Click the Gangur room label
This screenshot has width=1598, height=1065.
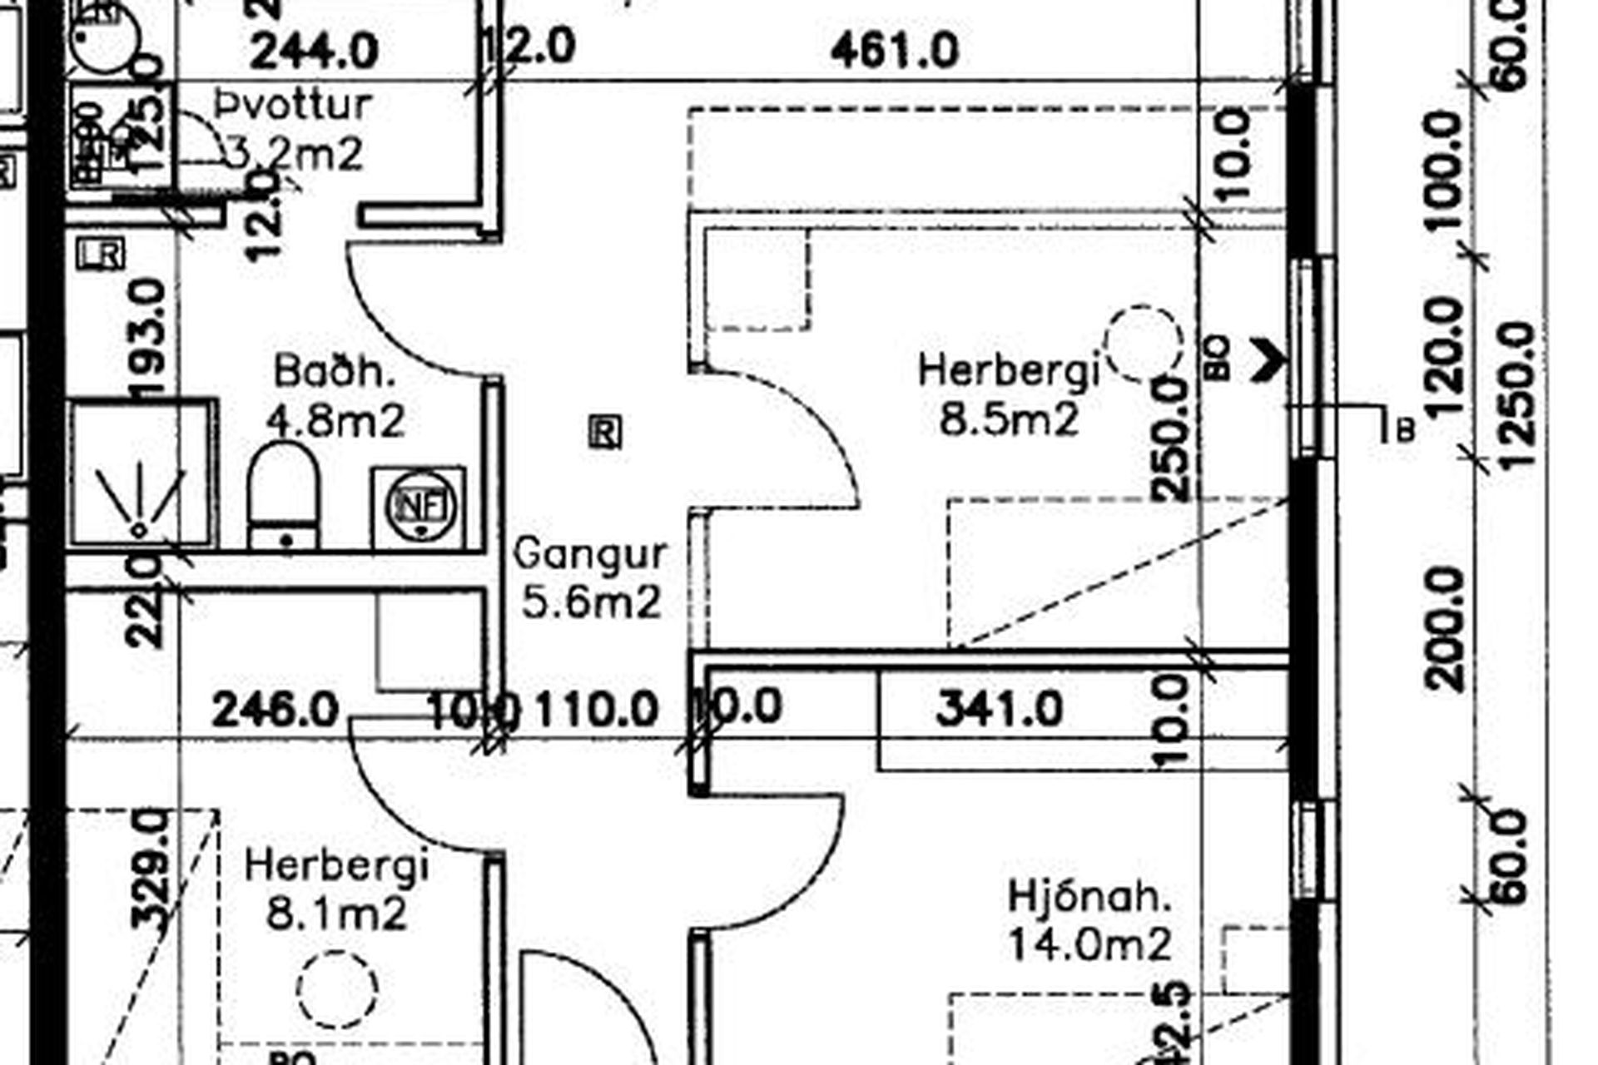click(590, 554)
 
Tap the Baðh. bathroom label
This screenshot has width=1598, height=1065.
click(334, 371)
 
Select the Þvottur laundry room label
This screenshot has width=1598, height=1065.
click(293, 105)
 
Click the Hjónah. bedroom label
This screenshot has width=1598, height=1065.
click(1089, 897)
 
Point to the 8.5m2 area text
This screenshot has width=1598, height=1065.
click(1009, 419)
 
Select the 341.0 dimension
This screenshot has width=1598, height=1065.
click(999, 710)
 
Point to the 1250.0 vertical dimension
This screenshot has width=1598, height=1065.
click(1520, 395)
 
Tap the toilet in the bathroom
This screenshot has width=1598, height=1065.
click(284, 497)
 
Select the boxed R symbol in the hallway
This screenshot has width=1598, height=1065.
click(605, 433)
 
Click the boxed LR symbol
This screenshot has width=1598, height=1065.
click(101, 254)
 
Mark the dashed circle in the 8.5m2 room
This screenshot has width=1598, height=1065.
click(1144, 342)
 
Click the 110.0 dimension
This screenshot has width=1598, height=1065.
click(597, 710)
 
